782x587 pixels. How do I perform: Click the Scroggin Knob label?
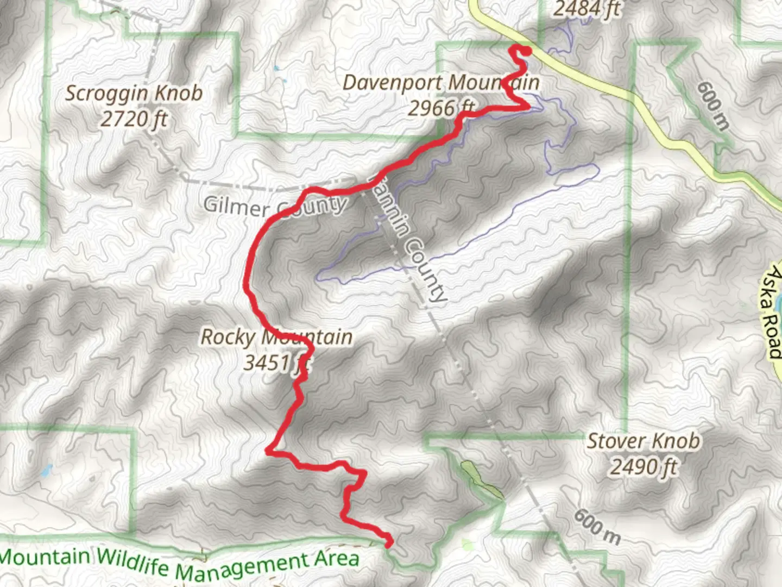(134, 93)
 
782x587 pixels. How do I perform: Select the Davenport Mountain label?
(441, 83)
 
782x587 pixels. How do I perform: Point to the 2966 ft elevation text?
(441, 108)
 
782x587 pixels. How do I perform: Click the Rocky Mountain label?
(276, 337)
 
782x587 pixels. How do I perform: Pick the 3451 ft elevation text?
(276, 362)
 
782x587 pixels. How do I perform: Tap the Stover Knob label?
(644, 441)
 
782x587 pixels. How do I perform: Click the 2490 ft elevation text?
(644, 466)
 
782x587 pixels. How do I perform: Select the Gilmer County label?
(275, 207)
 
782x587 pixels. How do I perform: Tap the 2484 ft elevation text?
(586, 9)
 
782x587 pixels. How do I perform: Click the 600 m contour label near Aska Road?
(712, 105)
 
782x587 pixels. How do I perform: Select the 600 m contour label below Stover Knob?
(596, 526)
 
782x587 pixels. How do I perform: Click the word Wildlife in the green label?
(135, 562)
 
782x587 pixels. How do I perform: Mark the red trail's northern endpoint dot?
(526, 51)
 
